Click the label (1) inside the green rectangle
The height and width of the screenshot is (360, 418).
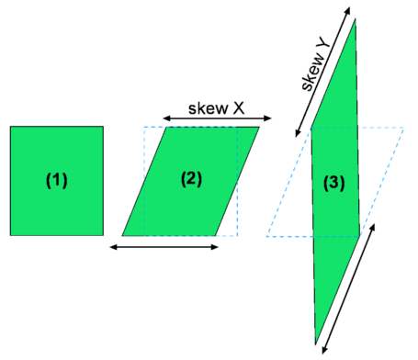click(x=57, y=181)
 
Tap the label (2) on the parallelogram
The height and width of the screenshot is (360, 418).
click(x=191, y=180)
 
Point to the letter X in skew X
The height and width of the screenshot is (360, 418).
click(x=239, y=107)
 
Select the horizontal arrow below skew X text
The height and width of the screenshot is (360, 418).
click(x=217, y=118)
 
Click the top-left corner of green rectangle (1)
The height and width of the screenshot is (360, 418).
click(x=11, y=128)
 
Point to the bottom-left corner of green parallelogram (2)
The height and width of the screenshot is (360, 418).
click(x=123, y=235)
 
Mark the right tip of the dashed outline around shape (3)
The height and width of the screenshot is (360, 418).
click(x=403, y=129)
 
